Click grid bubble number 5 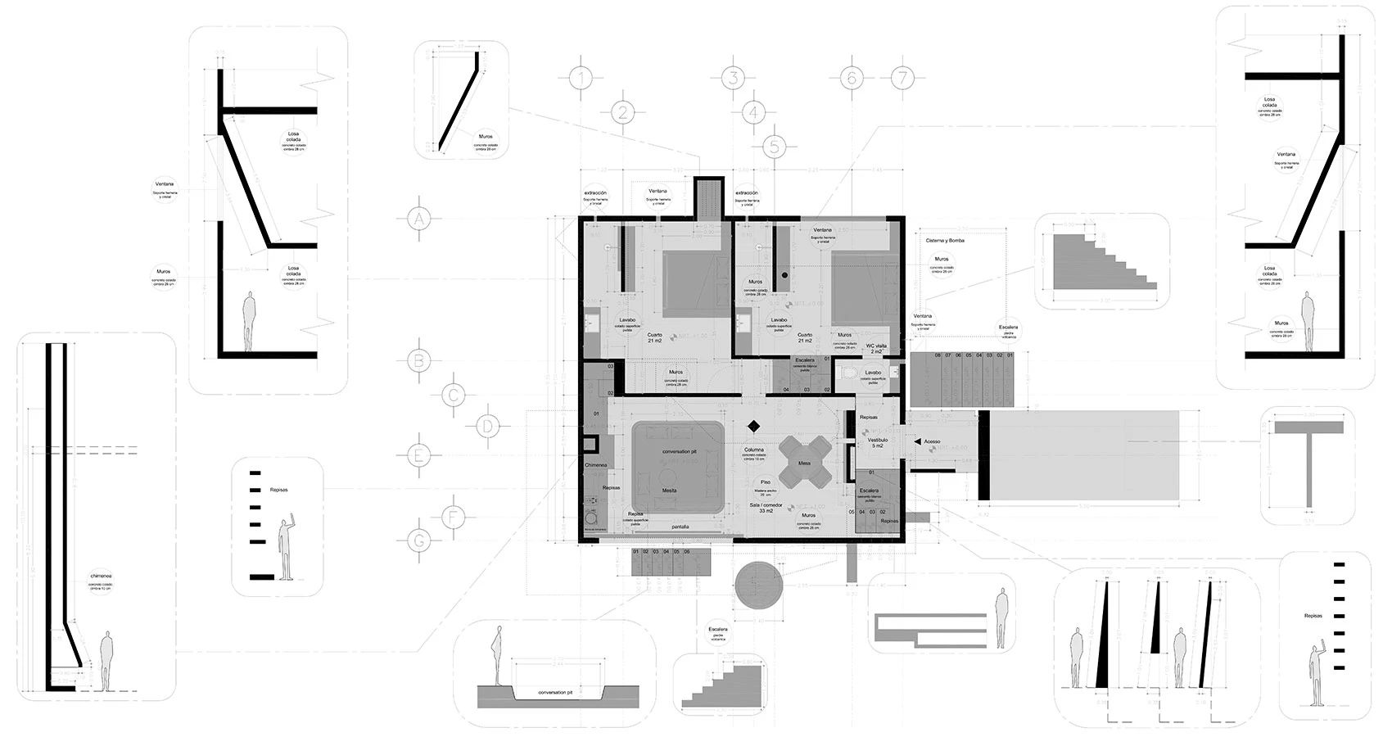tap(774, 147)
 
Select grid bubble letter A tap(418, 219)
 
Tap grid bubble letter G tap(418, 540)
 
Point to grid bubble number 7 tap(902, 79)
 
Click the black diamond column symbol tap(753, 426)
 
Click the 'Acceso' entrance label tap(932, 441)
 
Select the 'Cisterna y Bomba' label tap(945, 241)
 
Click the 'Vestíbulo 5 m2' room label tap(877, 442)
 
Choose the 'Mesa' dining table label tap(805, 463)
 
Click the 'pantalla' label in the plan tap(680, 527)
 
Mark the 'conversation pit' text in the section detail tap(555, 693)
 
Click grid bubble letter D tap(487, 427)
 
